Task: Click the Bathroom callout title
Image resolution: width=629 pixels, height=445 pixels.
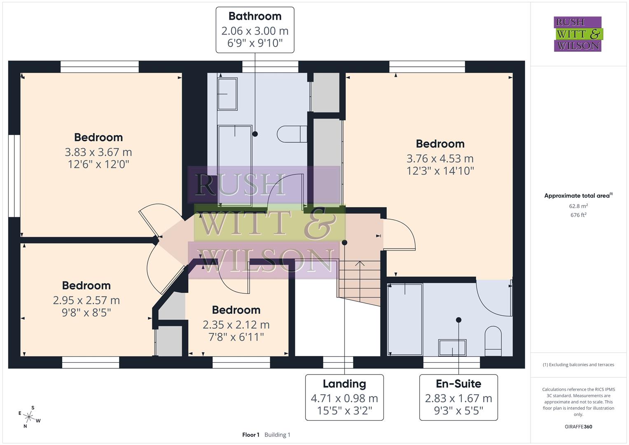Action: [255, 16]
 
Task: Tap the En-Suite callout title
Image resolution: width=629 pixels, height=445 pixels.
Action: [458, 384]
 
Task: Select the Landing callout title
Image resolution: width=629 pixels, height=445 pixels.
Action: [344, 384]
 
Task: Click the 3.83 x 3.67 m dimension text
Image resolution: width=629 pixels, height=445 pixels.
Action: [98, 152]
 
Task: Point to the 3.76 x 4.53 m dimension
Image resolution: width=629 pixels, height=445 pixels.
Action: [440, 159]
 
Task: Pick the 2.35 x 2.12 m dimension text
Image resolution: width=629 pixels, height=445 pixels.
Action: [236, 325]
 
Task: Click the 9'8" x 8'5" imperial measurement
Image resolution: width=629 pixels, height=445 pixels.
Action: [87, 313]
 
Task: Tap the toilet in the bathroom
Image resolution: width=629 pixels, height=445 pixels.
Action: [291, 134]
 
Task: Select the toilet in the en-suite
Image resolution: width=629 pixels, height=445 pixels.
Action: [493, 341]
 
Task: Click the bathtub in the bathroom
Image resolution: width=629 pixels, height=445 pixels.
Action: [235, 165]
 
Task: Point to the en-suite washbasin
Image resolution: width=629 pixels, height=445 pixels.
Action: [452, 348]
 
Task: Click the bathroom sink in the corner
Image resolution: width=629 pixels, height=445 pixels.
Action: [227, 94]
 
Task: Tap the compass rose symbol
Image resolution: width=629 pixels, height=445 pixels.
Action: [29, 417]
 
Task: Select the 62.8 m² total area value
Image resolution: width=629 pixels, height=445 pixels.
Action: [578, 206]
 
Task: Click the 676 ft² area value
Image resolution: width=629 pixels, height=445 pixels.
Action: [578, 215]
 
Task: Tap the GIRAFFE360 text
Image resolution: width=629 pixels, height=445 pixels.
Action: [578, 426]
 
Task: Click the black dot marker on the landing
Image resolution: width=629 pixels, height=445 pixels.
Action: [344, 243]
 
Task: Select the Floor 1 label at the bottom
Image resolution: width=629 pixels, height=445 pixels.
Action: [250, 435]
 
